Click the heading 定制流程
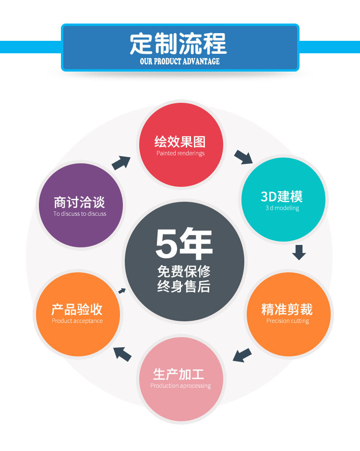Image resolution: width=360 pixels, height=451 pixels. coord(178,44)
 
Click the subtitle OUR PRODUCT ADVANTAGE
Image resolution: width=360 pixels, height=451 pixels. coord(180,61)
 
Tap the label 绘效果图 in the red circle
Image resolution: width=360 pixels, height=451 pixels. coord(180,142)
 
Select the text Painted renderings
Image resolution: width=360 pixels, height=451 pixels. coord(180,153)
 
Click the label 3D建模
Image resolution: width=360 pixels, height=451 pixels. coord(282,196)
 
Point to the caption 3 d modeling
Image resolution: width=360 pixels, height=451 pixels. coord(282,208)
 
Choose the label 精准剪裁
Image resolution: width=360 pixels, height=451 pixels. coord(287,309)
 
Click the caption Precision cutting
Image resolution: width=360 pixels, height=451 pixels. coord(288,321)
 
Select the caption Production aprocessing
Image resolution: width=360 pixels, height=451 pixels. coord(180,386)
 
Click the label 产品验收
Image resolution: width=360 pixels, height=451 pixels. coord(77,309)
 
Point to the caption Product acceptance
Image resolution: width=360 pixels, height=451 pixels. coord(77,321)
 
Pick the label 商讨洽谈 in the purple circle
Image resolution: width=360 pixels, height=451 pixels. coord(80,202)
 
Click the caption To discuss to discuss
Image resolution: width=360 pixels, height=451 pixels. coord(80,214)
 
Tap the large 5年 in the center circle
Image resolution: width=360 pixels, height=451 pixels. coord(184,244)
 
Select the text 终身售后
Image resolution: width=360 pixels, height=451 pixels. coord(184,287)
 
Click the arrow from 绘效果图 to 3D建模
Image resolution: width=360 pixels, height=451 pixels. coord(243,157)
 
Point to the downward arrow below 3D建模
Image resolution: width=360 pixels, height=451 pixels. coord(299,252)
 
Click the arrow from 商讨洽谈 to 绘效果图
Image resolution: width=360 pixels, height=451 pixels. coord(121,163)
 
